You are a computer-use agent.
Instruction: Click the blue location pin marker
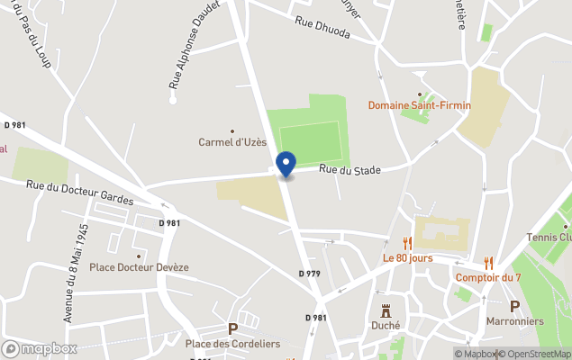[x=286, y=165]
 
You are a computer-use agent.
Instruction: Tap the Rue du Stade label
[x=350, y=169]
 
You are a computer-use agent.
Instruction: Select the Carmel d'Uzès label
[x=232, y=142]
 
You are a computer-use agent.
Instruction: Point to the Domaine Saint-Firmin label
[x=419, y=105]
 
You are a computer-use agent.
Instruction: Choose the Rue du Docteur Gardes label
[x=80, y=191]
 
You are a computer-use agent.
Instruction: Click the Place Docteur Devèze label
[x=139, y=267]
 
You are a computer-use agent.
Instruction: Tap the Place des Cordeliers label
[x=232, y=344]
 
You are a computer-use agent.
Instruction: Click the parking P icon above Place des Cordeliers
[x=232, y=329]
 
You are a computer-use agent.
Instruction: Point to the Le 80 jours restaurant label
[x=407, y=258]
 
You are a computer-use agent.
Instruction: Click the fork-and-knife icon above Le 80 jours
[x=407, y=243]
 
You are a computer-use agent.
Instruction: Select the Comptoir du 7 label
[x=488, y=277]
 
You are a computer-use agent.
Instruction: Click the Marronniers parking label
[x=514, y=320]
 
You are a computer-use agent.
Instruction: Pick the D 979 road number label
[x=309, y=273]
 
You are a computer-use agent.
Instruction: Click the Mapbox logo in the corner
[x=40, y=348]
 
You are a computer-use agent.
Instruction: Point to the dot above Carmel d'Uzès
[x=232, y=130]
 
